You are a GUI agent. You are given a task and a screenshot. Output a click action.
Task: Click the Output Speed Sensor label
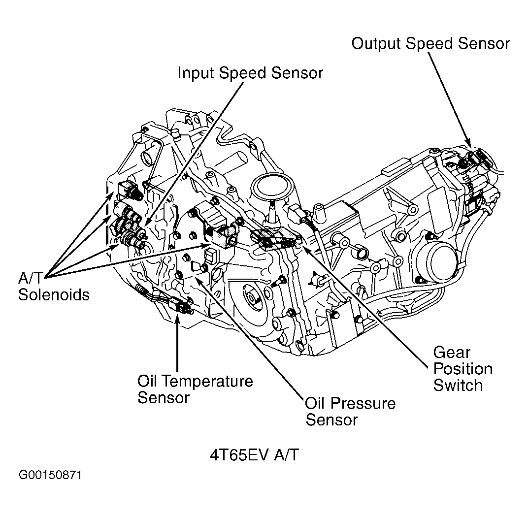point(430,43)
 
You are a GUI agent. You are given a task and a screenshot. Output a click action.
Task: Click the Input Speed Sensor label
point(250,73)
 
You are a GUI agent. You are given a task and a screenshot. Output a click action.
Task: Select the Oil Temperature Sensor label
point(195,389)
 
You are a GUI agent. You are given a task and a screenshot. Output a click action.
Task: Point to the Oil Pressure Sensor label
point(350,412)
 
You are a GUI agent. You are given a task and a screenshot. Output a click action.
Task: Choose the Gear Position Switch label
point(462,368)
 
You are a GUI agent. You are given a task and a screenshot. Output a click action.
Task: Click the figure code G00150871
point(51,476)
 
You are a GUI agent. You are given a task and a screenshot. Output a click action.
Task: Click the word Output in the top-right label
point(376,43)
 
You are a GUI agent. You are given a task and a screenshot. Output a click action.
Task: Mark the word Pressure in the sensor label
point(363,404)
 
